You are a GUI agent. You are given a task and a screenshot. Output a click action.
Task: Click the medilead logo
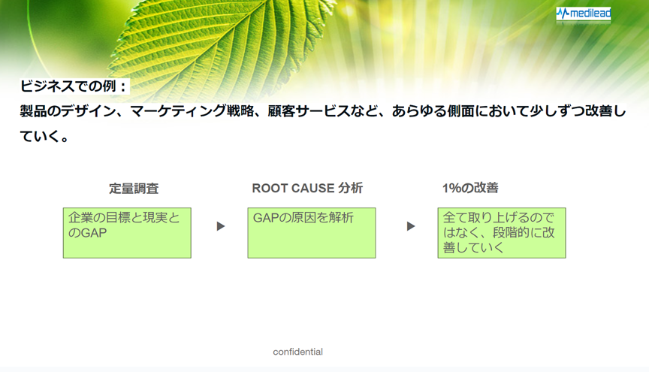point(583,14)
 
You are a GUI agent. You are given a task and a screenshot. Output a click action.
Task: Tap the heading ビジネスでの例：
point(74,86)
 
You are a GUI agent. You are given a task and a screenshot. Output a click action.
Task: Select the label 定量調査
point(134,189)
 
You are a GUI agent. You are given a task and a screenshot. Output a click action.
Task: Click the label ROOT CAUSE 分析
point(307,189)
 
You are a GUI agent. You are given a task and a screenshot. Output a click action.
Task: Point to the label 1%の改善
point(470,189)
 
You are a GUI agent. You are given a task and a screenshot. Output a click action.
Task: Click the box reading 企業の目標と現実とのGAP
point(127,233)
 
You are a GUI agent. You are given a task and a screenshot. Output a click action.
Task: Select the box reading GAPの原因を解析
point(312,233)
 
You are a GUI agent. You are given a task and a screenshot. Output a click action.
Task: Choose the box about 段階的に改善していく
point(502,233)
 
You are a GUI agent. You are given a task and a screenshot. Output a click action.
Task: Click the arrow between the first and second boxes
point(221,226)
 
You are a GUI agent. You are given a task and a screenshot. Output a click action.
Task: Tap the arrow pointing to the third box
point(411,226)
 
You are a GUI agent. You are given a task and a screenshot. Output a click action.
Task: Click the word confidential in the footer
point(298,352)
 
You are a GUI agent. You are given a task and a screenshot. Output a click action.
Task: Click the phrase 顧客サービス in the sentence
point(309,111)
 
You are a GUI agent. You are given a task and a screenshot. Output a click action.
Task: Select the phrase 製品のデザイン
point(67,111)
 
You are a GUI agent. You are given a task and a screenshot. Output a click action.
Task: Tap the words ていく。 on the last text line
point(45,136)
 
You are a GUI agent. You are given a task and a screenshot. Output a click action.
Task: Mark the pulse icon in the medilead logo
point(563,14)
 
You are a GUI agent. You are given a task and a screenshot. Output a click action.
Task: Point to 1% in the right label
point(451,189)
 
